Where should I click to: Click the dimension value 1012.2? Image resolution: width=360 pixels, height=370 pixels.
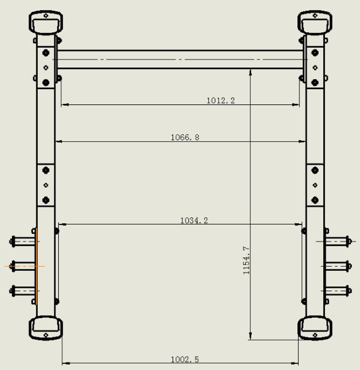(220, 101)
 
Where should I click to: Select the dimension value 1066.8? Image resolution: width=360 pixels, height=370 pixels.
(185, 137)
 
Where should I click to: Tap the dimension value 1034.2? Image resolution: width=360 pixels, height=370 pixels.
(194, 220)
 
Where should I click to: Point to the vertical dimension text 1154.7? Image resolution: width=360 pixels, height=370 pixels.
(247, 260)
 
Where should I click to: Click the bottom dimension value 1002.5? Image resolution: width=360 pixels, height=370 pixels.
(185, 359)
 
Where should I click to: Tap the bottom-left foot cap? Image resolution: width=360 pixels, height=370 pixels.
(46, 328)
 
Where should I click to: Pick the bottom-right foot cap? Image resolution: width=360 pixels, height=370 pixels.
(315, 328)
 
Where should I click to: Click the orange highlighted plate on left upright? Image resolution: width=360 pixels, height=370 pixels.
(36, 266)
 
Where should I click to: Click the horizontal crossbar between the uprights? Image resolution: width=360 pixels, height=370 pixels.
(180, 59)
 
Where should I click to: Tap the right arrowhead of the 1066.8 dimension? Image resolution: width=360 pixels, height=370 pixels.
(302, 142)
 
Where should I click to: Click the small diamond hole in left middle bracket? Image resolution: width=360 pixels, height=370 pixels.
(46, 185)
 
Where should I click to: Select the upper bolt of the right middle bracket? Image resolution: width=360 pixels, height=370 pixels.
(315, 170)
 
